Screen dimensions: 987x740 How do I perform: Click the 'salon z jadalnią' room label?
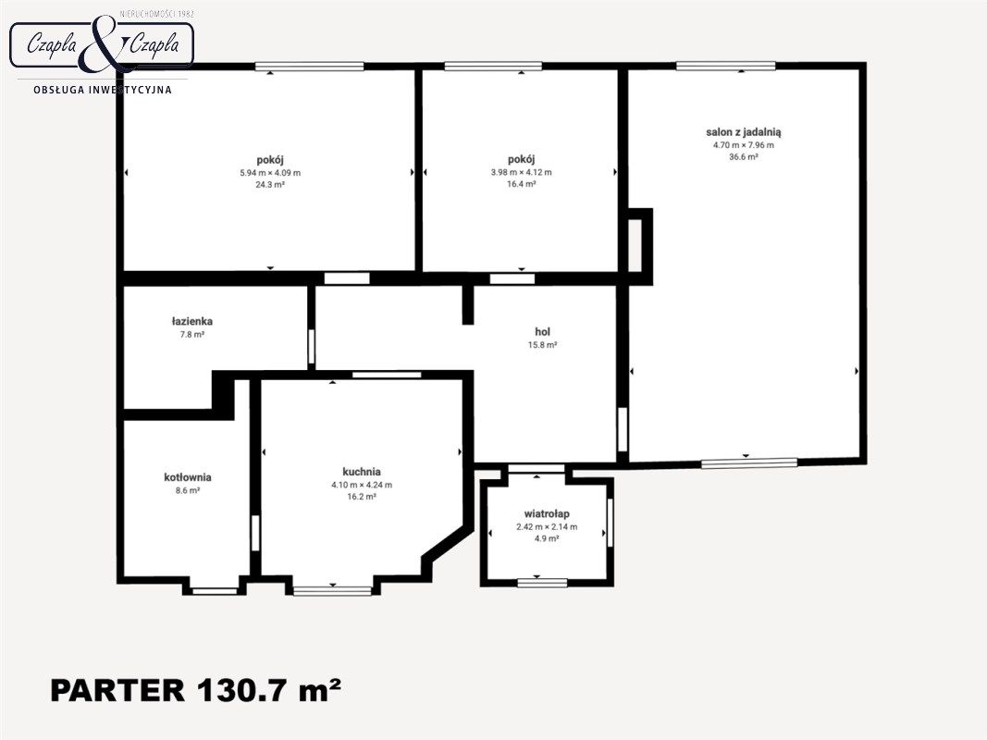point(744,132)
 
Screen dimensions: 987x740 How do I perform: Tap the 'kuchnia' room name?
point(362,472)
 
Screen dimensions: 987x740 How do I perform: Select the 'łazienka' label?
point(192,321)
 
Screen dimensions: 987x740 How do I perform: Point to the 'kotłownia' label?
point(188,477)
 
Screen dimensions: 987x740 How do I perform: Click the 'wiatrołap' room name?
point(547,514)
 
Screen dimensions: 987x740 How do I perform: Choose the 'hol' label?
point(543,332)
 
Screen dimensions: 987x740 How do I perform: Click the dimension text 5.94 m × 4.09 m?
point(270,172)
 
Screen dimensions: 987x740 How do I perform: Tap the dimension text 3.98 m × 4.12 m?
point(521,172)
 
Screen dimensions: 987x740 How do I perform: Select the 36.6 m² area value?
point(744,156)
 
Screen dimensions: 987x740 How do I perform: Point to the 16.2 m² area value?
point(362,497)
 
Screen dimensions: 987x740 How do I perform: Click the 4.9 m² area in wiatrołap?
point(547,538)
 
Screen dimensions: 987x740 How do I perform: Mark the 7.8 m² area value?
point(192,334)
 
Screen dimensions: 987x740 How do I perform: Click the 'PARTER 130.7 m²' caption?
point(196,690)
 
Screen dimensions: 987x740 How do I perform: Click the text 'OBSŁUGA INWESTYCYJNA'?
point(103,90)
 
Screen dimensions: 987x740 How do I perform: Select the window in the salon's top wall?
point(726,66)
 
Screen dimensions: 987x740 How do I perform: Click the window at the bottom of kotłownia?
point(215,590)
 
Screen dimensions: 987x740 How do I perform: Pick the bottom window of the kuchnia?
point(332,590)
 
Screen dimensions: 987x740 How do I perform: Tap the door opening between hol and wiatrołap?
point(537,468)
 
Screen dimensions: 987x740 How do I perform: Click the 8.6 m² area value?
point(188,490)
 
